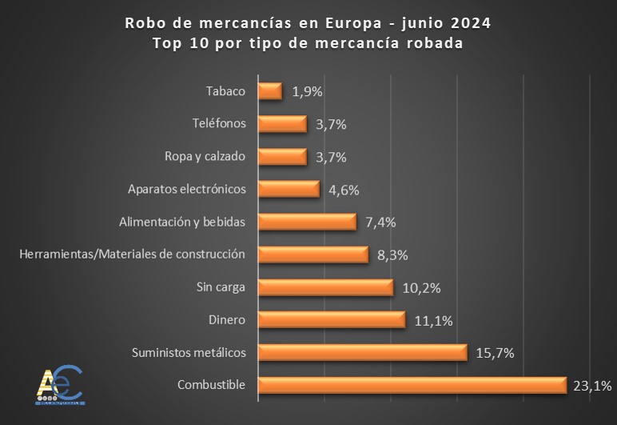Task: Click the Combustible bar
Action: [x=412, y=385]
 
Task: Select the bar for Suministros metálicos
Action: [x=363, y=352]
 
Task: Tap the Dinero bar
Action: [x=332, y=319]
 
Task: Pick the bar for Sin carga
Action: [x=326, y=287]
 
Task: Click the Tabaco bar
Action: [x=271, y=90]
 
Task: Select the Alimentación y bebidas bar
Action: [x=308, y=222]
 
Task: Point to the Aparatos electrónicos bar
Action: [x=289, y=189]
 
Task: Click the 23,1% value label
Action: [x=592, y=386]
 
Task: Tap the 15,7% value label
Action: [x=495, y=353]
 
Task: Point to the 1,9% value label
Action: [x=308, y=91]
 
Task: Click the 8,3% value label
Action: [x=392, y=255]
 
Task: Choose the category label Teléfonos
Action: [x=219, y=123]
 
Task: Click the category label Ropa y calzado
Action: [x=205, y=156]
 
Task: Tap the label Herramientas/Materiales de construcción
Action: [x=132, y=255]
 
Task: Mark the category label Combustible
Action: [x=211, y=385]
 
